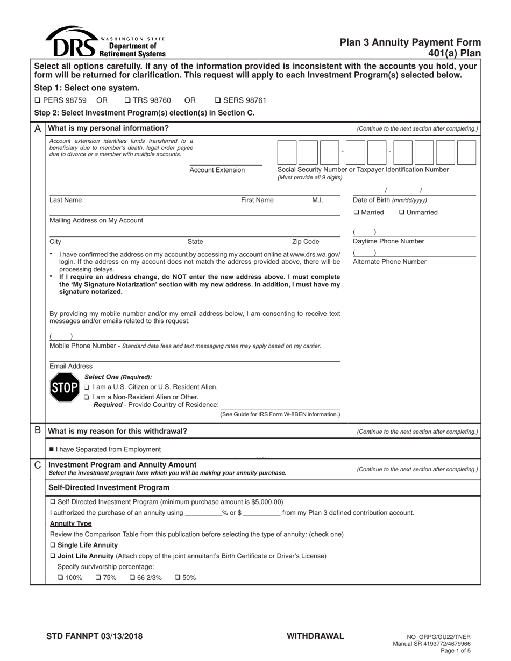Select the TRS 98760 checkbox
click(x=127, y=100)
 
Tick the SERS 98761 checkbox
click(x=218, y=100)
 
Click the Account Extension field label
click(x=217, y=170)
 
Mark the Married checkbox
click(x=357, y=212)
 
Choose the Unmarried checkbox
click(x=402, y=212)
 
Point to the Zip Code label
click(x=305, y=242)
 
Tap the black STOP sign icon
click(x=64, y=387)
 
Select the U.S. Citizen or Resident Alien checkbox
click(x=87, y=387)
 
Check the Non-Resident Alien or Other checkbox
click(x=87, y=397)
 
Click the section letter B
click(x=38, y=430)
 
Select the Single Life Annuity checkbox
click(x=53, y=545)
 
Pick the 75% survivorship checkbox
click(x=98, y=578)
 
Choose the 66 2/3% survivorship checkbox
click(x=132, y=578)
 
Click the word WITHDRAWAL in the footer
click(x=315, y=636)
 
